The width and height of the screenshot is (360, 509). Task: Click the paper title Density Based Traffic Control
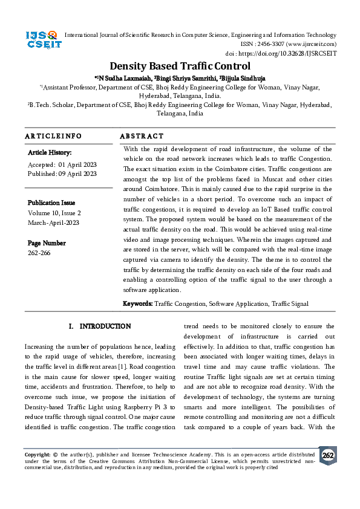pyautogui.click(x=180, y=66)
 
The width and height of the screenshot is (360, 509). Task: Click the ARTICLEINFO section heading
pyautogui.click(x=53, y=136)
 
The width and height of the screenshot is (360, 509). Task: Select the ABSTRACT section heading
pyautogui.click(x=142, y=136)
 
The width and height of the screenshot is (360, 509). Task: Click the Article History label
pyautogui.click(x=50, y=153)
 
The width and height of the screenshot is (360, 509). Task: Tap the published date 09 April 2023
pyautogui.click(x=77, y=173)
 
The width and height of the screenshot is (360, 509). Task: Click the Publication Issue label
pyautogui.click(x=51, y=203)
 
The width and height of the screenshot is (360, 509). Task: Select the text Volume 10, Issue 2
pyautogui.click(x=54, y=213)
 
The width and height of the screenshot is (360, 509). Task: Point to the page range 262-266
pyautogui.click(x=39, y=253)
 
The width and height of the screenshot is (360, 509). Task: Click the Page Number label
pyautogui.click(x=47, y=243)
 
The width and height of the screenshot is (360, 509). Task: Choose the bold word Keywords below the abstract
pyautogui.click(x=138, y=303)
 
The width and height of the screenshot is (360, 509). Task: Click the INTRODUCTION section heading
pyautogui.click(x=105, y=326)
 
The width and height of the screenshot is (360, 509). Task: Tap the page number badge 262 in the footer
pyautogui.click(x=327, y=455)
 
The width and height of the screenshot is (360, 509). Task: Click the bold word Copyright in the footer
pyautogui.click(x=37, y=454)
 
